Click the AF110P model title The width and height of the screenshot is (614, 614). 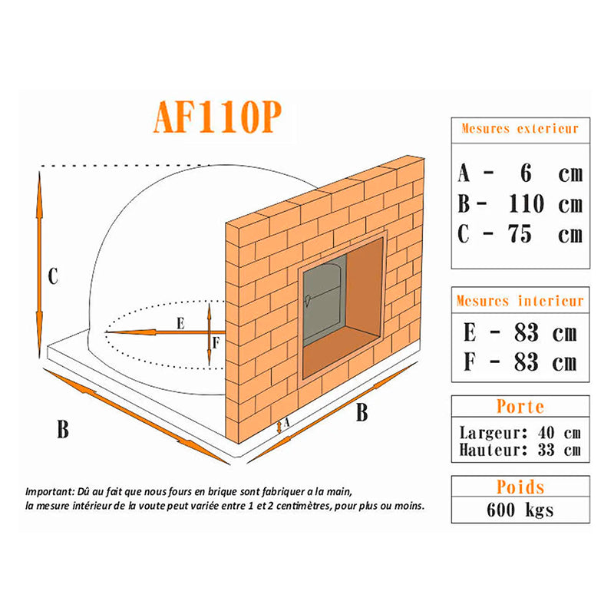(x=217, y=117)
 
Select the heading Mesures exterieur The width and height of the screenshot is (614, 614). (x=520, y=129)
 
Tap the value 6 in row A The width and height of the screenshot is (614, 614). (x=526, y=173)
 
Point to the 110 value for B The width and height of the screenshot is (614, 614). (x=527, y=203)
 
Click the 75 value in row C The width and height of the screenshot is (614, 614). (x=520, y=234)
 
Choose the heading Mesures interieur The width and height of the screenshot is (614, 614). (x=520, y=301)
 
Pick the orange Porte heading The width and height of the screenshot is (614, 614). (x=520, y=407)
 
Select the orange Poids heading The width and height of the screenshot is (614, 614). (x=520, y=487)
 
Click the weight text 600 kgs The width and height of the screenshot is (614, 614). (x=520, y=510)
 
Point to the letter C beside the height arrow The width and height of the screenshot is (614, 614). (x=53, y=276)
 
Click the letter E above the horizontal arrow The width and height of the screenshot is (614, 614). (x=180, y=323)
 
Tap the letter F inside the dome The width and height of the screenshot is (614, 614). (x=216, y=343)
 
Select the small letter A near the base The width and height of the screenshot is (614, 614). (x=286, y=422)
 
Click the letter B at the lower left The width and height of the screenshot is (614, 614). (x=63, y=430)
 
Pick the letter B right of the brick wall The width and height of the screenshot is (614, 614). (x=361, y=413)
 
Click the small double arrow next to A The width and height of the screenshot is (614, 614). (x=279, y=427)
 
